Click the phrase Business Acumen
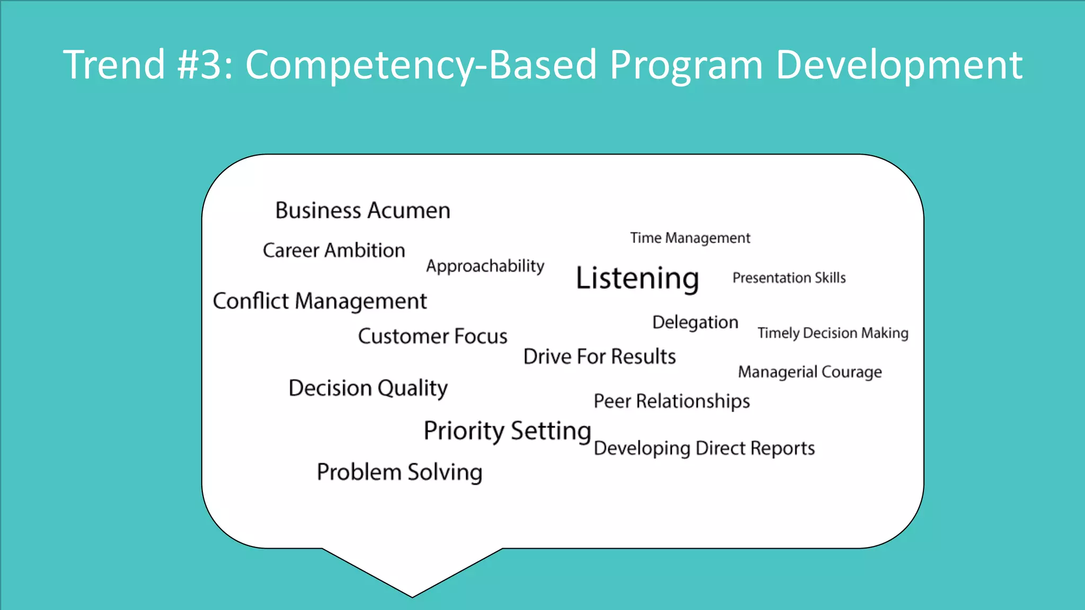(363, 210)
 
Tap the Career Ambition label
(334, 250)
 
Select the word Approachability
(485, 266)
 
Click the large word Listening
(637, 278)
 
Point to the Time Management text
(690, 238)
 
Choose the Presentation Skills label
(789, 278)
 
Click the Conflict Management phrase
(319, 301)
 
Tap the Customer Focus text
(432, 336)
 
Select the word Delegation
(695, 322)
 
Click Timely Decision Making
(833, 333)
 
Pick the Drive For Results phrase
(599, 356)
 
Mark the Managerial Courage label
(810, 372)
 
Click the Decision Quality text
(368, 388)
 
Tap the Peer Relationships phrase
(671, 401)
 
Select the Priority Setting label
(507, 430)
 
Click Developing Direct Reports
(704, 448)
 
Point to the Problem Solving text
(399, 472)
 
